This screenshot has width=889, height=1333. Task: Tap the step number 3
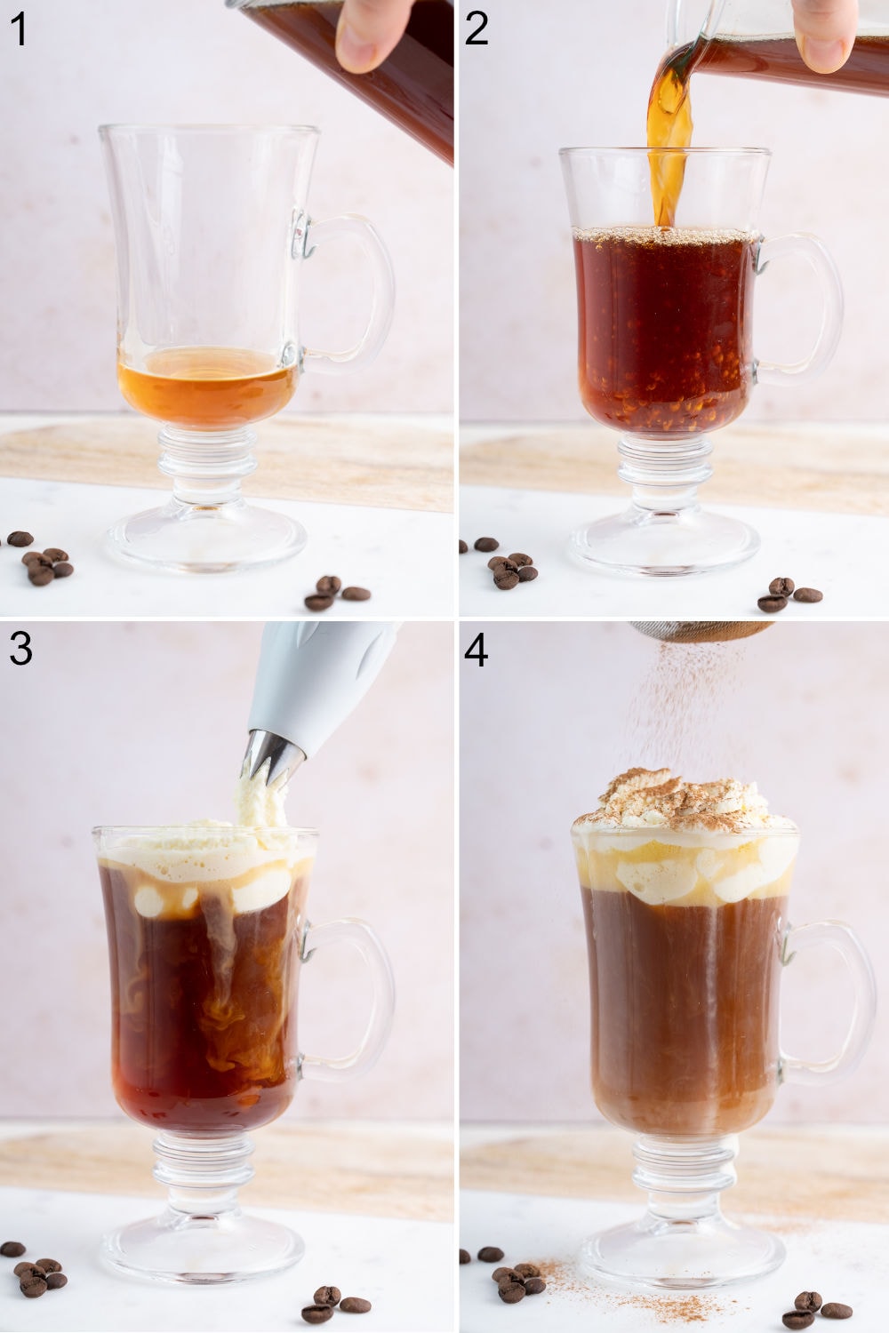20,650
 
